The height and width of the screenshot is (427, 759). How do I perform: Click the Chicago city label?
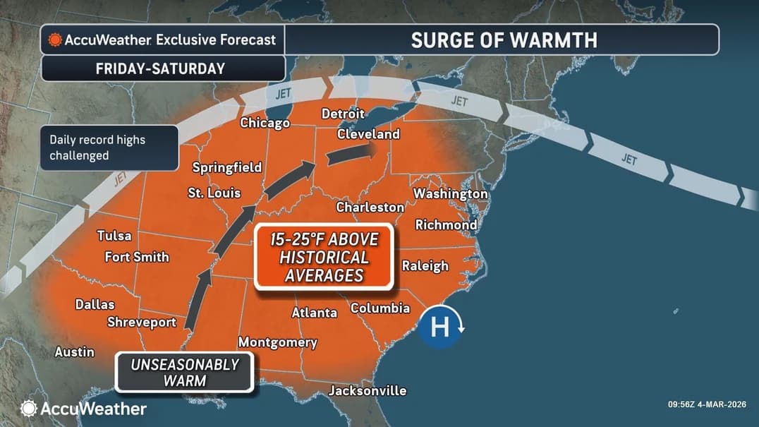pos(265,123)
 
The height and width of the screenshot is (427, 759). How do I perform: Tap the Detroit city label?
pos(343,114)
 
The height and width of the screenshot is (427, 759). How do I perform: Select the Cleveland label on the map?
pos(368,134)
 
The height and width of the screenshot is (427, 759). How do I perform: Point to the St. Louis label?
pos(214,193)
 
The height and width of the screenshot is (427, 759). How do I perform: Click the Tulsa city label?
pos(114,236)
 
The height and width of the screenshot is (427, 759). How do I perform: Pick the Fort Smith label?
pos(137,257)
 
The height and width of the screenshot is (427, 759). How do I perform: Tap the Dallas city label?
pos(95,305)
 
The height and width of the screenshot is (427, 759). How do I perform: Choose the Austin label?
pos(75,351)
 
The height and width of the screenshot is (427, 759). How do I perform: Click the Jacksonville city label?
pos(368,390)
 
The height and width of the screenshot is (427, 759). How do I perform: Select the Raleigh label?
pos(425,265)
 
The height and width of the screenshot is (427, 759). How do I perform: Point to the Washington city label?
pos(450,193)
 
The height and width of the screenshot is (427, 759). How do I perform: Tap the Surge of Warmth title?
pos(504,40)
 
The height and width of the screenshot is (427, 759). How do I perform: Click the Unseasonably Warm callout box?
pos(184,372)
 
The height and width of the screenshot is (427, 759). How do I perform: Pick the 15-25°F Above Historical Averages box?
pos(324,257)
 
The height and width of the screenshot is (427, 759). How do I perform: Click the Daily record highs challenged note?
pos(109,148)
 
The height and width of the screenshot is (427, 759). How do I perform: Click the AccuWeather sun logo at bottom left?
pos(28,408)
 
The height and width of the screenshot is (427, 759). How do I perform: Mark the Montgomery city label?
pos(277,342)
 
